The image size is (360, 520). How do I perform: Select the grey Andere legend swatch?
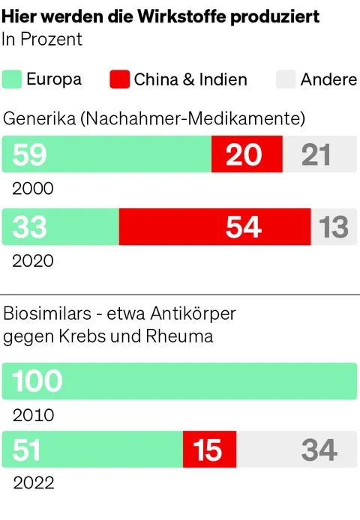point(286,79)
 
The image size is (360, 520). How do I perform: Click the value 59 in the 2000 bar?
point(29,155)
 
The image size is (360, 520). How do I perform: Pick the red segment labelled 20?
point(246,155)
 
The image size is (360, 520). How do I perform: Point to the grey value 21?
point(316,155)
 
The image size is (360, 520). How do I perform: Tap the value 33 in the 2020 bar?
point(29,227)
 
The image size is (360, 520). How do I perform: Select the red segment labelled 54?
point(244,227)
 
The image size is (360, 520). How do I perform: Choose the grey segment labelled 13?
point(334,227)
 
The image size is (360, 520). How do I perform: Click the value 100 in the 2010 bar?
point(37,381)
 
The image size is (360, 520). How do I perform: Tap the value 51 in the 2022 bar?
point(27,450)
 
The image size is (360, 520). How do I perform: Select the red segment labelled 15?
point(208,450)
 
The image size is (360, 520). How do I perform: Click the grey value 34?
point(319,450)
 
